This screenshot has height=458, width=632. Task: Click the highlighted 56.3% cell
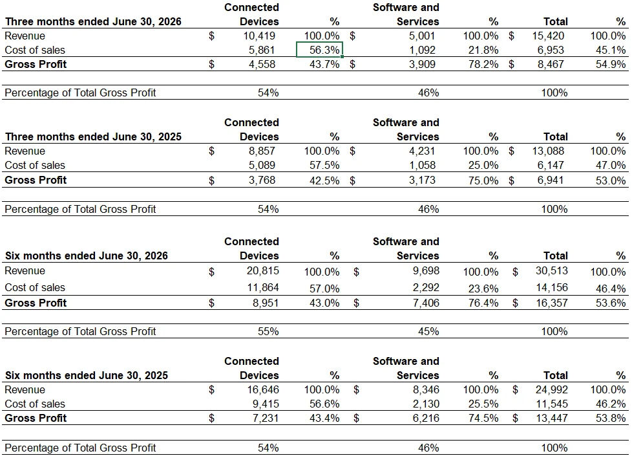pos(319,50)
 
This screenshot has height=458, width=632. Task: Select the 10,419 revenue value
pos(259,36)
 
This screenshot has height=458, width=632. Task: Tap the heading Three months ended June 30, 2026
pos(93,22)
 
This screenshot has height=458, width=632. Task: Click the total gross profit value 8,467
pos(551,64)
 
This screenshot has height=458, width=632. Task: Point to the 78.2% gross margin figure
pos(483,64)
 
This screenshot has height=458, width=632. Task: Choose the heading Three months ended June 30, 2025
pos(93,136)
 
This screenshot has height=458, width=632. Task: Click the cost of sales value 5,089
pos(262,165)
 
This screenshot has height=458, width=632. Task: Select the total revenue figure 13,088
pos(548,151)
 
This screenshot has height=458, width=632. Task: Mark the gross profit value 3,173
pos(422,180)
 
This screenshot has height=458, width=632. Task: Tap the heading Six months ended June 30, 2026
pos(86,256)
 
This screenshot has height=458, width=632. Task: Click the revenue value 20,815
pos(263,271)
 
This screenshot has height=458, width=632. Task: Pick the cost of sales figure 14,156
pos(552,287)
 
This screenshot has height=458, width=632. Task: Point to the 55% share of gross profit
pos(268,331)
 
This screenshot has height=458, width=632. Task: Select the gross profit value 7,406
pos(426,303)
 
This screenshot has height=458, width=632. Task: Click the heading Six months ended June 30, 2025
pos(86,375)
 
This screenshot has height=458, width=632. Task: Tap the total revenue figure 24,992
pos(552,390)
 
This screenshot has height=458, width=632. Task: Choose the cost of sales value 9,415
pos(266,404)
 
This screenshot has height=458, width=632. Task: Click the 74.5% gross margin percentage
pos(483,418)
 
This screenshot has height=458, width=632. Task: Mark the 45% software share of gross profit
pos(428,331)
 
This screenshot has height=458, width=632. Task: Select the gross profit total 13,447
pos(552,418)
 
